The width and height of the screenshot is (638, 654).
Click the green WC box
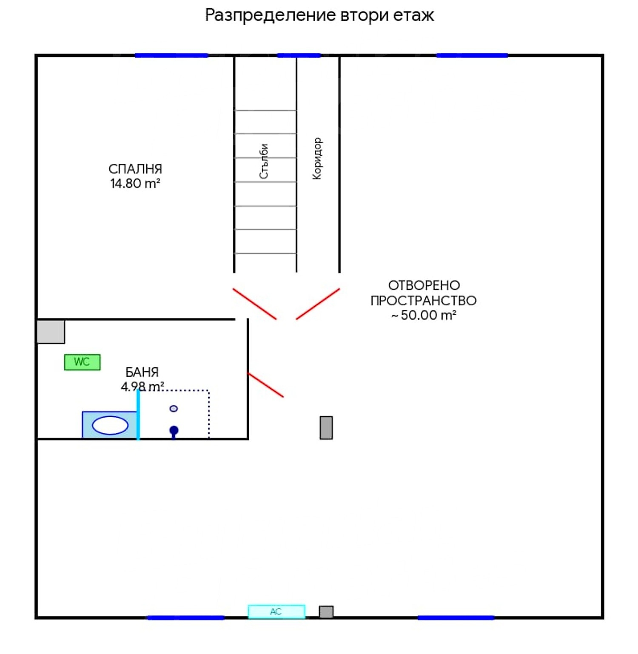click(82, 362)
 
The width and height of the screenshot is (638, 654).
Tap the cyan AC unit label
click(276, 611)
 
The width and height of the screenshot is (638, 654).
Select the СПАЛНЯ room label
click(135, 169)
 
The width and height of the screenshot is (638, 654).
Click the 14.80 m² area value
click(135, 183)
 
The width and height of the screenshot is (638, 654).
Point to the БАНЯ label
click(142, 372)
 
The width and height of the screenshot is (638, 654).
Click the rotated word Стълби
click(264, 161)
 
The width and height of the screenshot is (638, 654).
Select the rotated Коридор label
click(317, 158)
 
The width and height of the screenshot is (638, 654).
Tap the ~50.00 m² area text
click(424, 315)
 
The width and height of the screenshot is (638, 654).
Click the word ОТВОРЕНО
click(424, 285)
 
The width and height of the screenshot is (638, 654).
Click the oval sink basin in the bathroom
click(110, 425)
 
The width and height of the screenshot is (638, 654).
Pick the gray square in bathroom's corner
click(51, 332)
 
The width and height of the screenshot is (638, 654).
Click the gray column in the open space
click(326, 427)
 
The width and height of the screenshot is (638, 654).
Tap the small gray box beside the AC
click(326, 611)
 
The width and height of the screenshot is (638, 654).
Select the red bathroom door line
click(265, 385)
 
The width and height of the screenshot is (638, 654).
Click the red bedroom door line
click(254, 304)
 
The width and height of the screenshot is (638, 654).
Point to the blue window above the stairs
click(299, 55)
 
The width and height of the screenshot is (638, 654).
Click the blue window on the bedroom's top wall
click(171, 55)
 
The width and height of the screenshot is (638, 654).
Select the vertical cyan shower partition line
click(138, 415)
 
